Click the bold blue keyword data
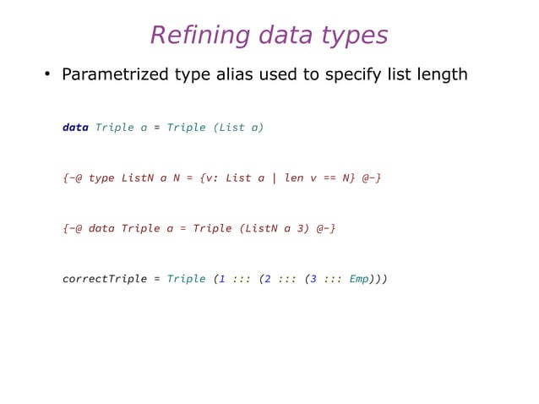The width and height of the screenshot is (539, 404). pyautogui.click(x=75, y=128)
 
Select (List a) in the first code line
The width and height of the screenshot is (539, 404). pyautogui.click(x=239, y=128)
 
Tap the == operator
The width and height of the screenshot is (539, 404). pyautogui.click(x=330, y=178)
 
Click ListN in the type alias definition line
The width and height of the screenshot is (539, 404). pyautogui.click(x=138, y=178)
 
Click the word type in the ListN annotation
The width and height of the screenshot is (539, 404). pyautogui.click(x=101, y=178)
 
